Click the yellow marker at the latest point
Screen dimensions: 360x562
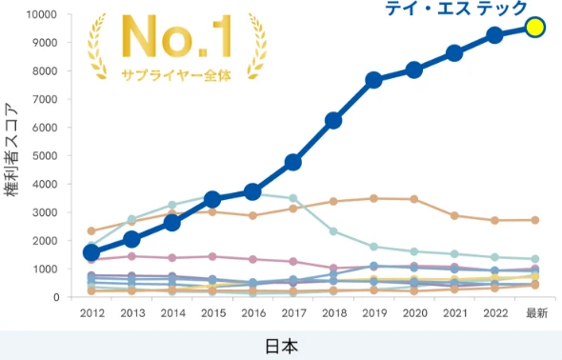click(x=535, y=28)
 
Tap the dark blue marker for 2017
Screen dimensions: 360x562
click(x=293, y=163)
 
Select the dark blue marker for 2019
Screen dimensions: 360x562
click(x=374, y=80)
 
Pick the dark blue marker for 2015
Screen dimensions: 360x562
click(x=212, y=199)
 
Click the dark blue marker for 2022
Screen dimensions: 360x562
click(x=494, y=35)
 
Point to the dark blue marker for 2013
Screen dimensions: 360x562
click(x=131, y=239)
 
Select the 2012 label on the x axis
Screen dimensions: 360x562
click(x=91, y=313)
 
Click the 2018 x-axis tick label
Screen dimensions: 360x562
click(x=333, y=313)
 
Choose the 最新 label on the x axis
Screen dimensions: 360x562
click(x=535, y=313)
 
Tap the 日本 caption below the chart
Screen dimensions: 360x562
click(x=281, y=346)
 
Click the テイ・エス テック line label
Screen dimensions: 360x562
click(x=455, y=9)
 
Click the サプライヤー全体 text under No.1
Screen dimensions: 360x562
click(x=176, y=74)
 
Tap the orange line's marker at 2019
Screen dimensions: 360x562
click(x=374, y=198)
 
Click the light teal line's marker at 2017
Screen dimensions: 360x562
click(x=293, y=198)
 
